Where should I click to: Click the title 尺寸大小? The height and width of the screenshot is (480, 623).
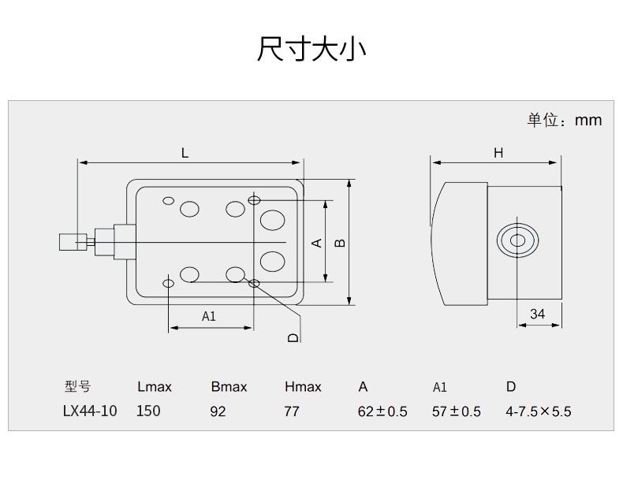pos(311,48)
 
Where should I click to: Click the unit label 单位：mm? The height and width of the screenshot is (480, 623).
pos(564,120)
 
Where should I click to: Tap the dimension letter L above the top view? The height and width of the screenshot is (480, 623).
pos(185,153)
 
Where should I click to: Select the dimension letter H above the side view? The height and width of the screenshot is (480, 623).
pos(498,153)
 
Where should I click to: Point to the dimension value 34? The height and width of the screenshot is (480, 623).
pos(537,314)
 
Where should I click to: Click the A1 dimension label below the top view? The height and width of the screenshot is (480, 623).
pos(208,317)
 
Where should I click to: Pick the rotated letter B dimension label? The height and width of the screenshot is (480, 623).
pos(340,242)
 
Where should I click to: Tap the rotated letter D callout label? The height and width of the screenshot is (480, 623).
pos(293,337)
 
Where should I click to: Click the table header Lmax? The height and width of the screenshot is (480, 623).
pos(154,387)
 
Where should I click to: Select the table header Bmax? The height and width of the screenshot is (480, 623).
pos(229,387)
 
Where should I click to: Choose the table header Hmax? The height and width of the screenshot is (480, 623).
pos(303,387)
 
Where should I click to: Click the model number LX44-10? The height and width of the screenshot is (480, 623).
pos(89,411)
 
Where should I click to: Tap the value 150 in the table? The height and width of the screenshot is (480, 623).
pos(148,411)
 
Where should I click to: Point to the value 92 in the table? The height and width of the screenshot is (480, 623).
pos(218,411)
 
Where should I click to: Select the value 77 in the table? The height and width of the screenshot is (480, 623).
pos(292,411)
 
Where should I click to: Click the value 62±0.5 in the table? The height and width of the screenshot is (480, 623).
pos(382,411)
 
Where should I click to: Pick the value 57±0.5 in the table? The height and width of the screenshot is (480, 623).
pos(456,411)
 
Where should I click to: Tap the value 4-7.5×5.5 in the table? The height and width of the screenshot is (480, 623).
pos(538,411)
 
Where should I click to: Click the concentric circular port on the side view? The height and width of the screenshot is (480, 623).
pos(517,242)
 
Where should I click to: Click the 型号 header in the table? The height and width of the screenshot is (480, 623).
pos(77,387)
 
